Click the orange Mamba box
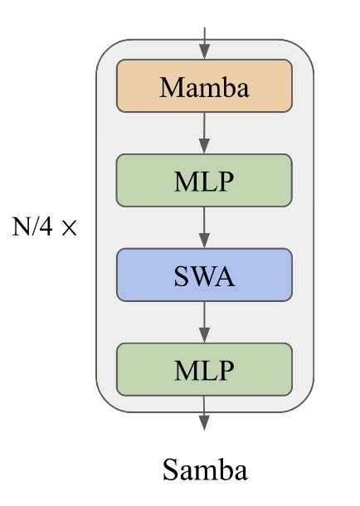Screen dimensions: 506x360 pos(205,86)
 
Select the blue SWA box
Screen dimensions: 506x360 pos(205,275)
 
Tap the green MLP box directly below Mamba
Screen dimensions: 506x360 pos(205,181)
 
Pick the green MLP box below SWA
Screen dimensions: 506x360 pos(205,369)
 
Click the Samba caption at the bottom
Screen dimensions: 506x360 pos(205,470)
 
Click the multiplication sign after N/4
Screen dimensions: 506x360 pos(70,228)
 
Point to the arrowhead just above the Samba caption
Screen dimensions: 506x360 pos(205,423)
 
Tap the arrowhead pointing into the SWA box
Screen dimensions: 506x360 pos(205,242)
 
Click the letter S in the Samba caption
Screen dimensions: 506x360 pos(170,470)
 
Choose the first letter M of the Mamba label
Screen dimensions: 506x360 pos(170,87)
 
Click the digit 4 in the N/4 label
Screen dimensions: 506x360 pos(50,226)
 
